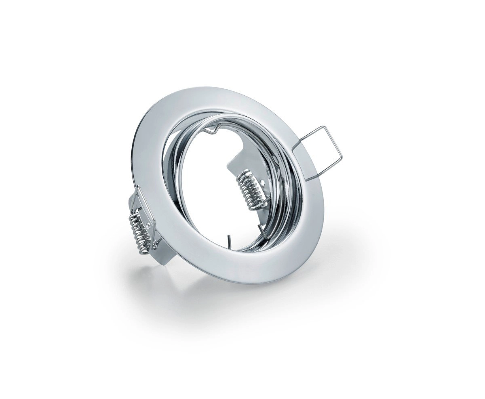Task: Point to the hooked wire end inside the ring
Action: tap(263, 233)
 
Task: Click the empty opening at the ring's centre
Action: tap(206, 190)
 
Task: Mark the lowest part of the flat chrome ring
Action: tap(259, 282)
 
